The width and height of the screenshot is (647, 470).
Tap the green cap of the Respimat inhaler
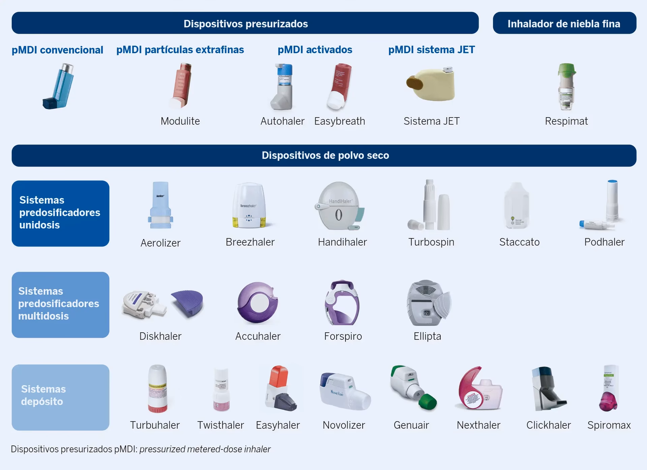click(x=566, y=69)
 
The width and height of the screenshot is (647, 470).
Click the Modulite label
click(x=180, y=121)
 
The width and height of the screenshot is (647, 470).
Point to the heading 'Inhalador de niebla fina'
click(x=564, y=24)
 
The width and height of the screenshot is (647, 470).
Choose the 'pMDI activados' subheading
click(x=315, y=50)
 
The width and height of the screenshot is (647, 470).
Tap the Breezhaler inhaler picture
click(x=249, y=206)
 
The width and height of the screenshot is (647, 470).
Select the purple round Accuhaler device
click(x=257, y=302)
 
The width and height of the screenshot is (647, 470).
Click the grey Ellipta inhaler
click(x=427, y=303)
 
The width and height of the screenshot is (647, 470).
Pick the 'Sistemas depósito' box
click(x=60, y=397)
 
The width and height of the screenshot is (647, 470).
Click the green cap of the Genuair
click(x=428, y=402)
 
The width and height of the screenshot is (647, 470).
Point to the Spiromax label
click(x=609, y=425)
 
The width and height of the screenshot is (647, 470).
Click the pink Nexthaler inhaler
click(x=478, y=389)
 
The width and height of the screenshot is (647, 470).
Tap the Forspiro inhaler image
click(x=342, y=302)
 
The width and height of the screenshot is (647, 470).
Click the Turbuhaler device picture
click(x=157, y=389)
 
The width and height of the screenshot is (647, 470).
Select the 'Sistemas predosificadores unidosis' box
click(x=60, y=213)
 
